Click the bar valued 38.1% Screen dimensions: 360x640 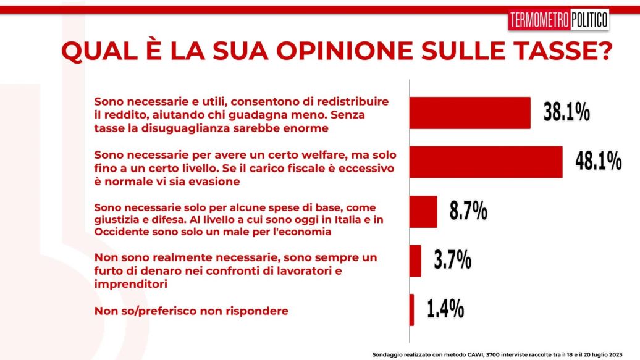(470, 113)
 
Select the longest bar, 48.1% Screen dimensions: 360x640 (486, 162)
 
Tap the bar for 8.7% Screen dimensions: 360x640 (424, 211)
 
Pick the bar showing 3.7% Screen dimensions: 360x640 (416, 261)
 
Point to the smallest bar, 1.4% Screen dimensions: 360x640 (412, 309)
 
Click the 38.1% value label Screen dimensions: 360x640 (566, 113)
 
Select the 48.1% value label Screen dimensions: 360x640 (598, 162)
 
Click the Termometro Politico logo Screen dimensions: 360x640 (558, 20)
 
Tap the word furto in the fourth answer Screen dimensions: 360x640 (107, 270)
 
